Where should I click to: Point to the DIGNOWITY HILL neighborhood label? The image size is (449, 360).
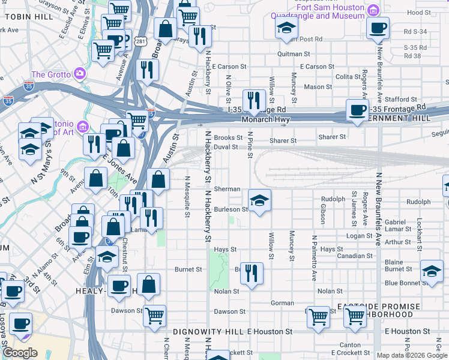(208, 331)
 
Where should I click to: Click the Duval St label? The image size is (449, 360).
(226, 146)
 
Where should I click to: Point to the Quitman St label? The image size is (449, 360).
(292, 53)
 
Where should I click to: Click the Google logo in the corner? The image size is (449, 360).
(20, 353)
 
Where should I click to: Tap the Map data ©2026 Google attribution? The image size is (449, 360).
(412, 355)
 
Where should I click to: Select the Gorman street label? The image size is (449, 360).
(281, 303)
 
